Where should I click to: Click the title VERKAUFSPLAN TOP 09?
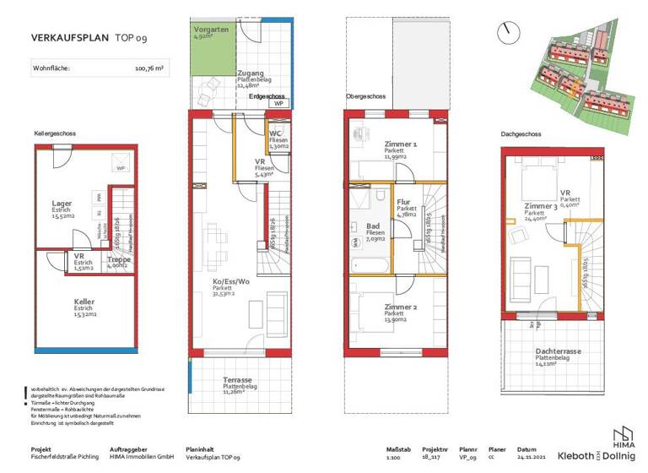(x=81, y=38)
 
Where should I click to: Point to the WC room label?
(x=275, y=133)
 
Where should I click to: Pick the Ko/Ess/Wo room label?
(x=229, y=281)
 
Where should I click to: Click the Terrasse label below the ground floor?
(x=237, y=381)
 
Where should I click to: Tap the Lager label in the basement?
(x=61, y=204)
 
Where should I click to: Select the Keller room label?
(x=61, y=302)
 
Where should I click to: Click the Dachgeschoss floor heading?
(x=520, y=134)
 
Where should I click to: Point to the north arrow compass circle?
(x=507, y=33)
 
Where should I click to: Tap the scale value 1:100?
(x=392, y=457)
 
